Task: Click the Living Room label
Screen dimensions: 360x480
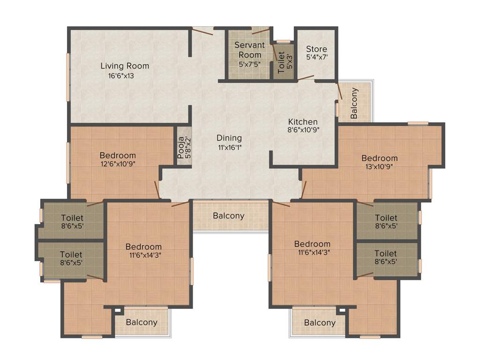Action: pyautogui.click(x=125, y=66)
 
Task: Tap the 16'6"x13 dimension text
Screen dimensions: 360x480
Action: pyautogui.click(x=121, y=76)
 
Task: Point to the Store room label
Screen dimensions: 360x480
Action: pyautogui.click(x=316, y=49)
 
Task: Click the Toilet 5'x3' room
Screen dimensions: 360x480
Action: pyautogui.click(x=284, y=61)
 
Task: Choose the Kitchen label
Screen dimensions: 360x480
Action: pyautogui.click(x=303, y=122)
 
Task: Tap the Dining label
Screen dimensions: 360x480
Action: pyautogui.click(x=229, y=138)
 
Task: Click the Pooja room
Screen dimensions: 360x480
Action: pyautogui.click(x=184, y=147)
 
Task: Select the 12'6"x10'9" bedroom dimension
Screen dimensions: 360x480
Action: pyautogui.click(x=117, y=164)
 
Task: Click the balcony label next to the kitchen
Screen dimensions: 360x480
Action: pyautogui.click(x=354, y=103)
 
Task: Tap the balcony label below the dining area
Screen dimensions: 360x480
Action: pyautogui.click(x=229, y=216)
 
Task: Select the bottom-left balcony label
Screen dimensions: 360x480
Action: pyautogui.click(x=142, y=322)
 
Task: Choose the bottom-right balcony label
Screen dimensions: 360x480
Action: pyautogui.click(x=320, y=322)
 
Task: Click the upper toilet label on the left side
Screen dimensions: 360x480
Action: pyautogui.click(x=72, y=218)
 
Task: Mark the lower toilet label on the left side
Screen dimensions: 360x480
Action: pyautogui.click(x=71, y=254)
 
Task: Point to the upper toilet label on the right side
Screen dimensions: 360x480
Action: pyautogui.click(x=386, y=218)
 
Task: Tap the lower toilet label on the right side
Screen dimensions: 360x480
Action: pyautogui.click(x=386, y=254)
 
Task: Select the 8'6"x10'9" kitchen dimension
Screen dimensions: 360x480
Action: pyautogui.click(x=304, y=131)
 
